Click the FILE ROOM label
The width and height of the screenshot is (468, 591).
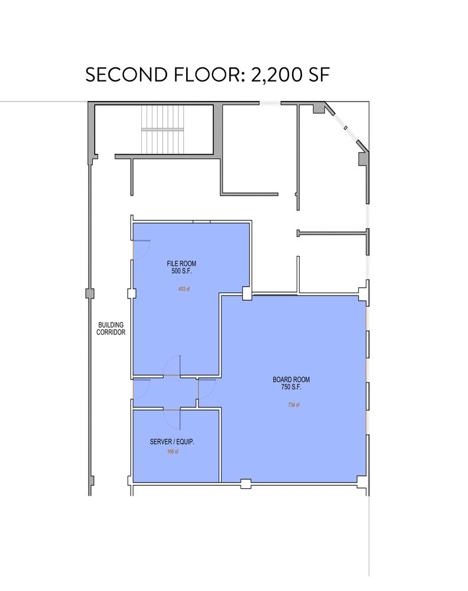(181, 264)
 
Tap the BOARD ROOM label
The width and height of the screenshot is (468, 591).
(291, 379)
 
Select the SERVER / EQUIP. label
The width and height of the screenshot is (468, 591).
(172, 441)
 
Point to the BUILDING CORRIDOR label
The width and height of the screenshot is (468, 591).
(110, 328)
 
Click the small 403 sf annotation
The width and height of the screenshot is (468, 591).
(184, 289)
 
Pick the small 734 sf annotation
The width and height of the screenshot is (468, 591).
(294, 405)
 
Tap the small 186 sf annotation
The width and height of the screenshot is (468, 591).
(173, 452)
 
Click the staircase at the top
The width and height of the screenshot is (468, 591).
(162, 129)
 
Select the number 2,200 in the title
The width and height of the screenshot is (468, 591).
(276, 76)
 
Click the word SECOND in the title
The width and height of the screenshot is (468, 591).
(126, 74)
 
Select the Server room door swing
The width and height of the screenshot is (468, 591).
(172, 419)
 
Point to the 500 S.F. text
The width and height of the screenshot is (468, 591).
(181, 271)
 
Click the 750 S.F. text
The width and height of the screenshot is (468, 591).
(291, 387)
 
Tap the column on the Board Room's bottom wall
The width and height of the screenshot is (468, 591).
(246, 483)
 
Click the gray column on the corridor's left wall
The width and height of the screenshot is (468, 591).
(90, 294)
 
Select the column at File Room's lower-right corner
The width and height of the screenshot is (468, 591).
(247, 293)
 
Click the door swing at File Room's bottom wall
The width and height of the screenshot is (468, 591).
(172, 366)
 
